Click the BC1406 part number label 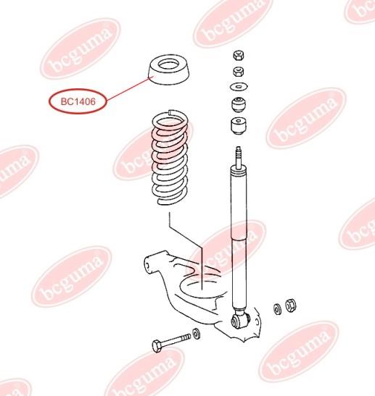click(x=78, y=101)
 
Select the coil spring click(x=170, y=157)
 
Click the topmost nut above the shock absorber click(x=238, y=55)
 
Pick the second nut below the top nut click(x=238, y=72)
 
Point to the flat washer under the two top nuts click(x=239, y=87)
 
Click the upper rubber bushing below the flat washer click(x=239, y=104)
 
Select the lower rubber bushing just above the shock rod click(x=239, y=125)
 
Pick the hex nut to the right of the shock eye click(x=291, y=306)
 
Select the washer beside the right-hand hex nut click(x=277, y=309)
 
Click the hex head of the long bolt click(x=157, y=346)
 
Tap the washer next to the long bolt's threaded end click(x=196, y=333)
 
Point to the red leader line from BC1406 click(x=129, y=89)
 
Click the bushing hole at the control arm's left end click(x=147, y=266)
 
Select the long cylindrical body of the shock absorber click(x=239, y=237)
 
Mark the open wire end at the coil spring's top click(x=171, y=111)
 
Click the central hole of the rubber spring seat click(x=168, y=65)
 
